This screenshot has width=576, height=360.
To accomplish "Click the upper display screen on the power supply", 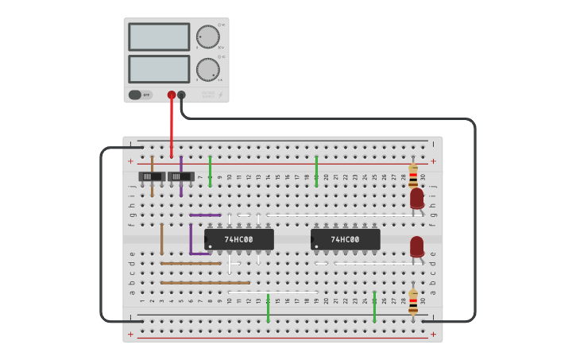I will [159, 37].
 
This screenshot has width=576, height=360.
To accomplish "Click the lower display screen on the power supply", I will [159, 69].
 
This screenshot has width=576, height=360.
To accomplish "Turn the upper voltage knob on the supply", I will [207, 37].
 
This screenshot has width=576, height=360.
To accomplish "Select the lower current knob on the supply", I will [207, 69].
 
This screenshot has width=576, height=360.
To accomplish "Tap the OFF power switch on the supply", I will [140, 95].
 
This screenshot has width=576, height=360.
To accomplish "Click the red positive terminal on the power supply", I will [172, 95].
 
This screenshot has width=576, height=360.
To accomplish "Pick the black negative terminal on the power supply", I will [182, 95].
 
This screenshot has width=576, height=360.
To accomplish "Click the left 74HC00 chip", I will [238, 239].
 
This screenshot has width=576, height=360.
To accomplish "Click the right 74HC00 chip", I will [345, 239].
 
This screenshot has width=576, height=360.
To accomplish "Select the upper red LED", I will [416, 198].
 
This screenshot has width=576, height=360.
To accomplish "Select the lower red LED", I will [416, 246].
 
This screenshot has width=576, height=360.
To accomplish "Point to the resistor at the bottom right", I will [413, 301].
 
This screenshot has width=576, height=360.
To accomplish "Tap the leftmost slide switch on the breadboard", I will [152, 176].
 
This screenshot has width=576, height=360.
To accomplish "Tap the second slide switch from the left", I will [181, 176].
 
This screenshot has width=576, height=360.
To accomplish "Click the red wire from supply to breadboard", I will [172, 127].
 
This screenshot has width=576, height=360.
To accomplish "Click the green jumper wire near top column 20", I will [316, 171].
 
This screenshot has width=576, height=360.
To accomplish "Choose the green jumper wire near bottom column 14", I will [269, 308].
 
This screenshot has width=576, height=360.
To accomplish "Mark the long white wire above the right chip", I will [342, 215].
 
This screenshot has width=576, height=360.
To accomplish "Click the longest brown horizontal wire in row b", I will [205, 283].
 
